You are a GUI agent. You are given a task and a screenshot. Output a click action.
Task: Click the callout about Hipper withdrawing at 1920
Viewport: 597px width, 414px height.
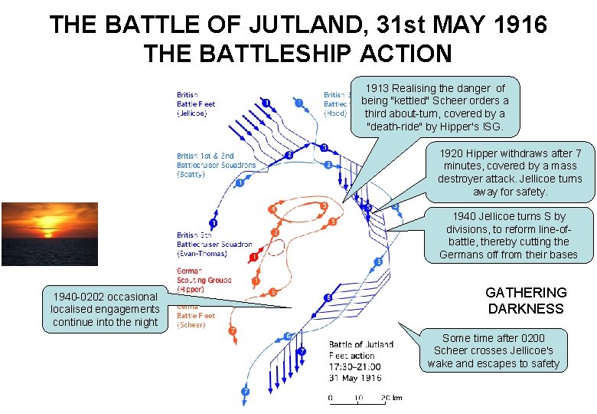coord(510,172)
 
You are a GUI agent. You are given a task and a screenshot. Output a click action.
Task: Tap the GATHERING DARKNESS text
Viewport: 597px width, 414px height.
coord(526,301)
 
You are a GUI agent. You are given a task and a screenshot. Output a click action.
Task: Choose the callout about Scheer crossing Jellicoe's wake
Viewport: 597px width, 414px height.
coord(494,350)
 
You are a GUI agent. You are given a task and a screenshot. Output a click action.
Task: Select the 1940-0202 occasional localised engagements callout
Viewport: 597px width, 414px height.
coord(105,309)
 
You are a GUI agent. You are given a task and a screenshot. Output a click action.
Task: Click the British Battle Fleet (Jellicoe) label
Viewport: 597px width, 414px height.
coord(196,103)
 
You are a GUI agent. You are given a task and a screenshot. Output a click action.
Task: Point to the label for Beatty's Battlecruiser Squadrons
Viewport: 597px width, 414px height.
coord(215,165)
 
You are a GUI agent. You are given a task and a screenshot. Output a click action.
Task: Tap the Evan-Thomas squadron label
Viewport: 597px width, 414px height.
coord(214,244)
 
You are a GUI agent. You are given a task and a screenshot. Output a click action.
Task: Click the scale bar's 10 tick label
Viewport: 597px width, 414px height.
coord(358,399)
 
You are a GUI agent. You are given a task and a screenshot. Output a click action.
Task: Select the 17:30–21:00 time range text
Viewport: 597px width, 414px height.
coord(354,366)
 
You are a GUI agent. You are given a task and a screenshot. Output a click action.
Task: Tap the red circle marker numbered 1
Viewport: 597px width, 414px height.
coord(253,255)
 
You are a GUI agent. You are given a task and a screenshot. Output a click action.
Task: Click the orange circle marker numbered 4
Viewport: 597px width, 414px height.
coord(272,209)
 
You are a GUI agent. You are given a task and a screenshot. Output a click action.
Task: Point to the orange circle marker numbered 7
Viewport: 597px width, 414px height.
coord(233,331)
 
